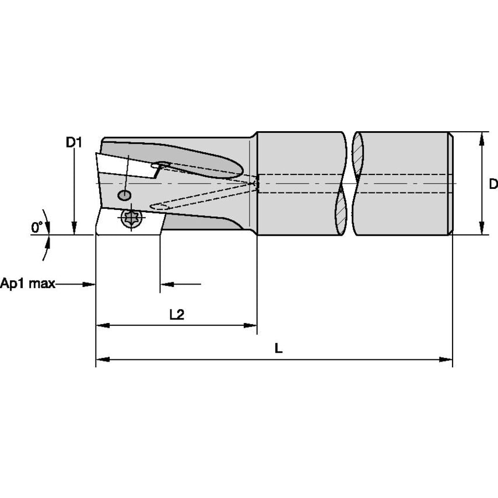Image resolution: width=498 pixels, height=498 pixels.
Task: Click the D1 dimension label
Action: pos(73,142)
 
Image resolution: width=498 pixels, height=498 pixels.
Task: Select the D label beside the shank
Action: pos(493,184)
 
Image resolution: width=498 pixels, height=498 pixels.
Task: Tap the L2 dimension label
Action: pos(177,315)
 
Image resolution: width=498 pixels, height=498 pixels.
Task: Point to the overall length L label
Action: pos(278,349)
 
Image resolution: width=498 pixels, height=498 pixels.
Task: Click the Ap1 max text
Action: pos(27,284)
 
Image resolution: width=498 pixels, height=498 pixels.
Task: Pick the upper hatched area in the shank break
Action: pos(356,155)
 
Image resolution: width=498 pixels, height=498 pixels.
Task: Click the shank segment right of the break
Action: pos(402,184)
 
